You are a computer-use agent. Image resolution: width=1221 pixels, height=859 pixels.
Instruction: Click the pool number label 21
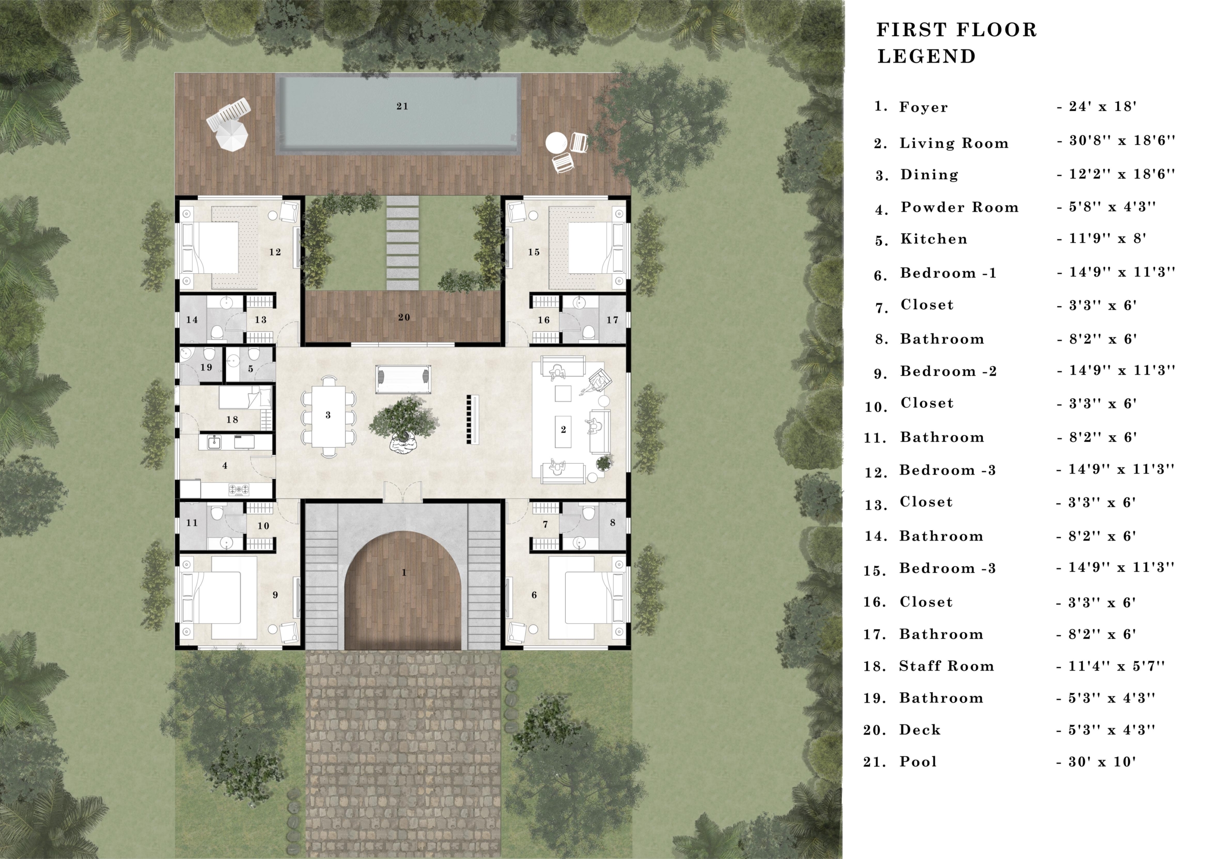pos(402,106)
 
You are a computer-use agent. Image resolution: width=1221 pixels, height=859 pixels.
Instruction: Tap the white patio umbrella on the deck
pos(232,135)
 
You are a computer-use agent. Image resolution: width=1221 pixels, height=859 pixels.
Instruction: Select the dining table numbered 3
pos(328,415)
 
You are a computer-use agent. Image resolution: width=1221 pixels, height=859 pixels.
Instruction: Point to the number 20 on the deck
pos(404,318)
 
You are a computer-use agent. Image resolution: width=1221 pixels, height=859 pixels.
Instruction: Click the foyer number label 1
pos(404,573)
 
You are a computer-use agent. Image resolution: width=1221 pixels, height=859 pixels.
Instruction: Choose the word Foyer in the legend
pos(923,107)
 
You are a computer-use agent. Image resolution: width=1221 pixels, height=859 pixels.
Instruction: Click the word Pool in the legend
pos(918,762)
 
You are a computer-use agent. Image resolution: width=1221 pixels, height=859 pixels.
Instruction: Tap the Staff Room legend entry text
pos(946,666)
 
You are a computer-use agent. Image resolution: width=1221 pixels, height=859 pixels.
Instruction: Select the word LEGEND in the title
pos(926,56)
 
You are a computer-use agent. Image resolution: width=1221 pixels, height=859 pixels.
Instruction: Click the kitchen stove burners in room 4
pos(239,488)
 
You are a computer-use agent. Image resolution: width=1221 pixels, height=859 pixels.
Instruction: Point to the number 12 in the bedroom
pos(275,252)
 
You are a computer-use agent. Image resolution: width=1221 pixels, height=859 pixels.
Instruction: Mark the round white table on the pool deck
pos(556,143)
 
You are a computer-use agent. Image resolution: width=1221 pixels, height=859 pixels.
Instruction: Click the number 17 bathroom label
pos(612,320)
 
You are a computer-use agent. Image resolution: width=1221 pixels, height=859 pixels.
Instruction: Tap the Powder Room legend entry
pos(959,207)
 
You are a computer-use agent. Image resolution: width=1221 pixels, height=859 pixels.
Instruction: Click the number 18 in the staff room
pos(232,420)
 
